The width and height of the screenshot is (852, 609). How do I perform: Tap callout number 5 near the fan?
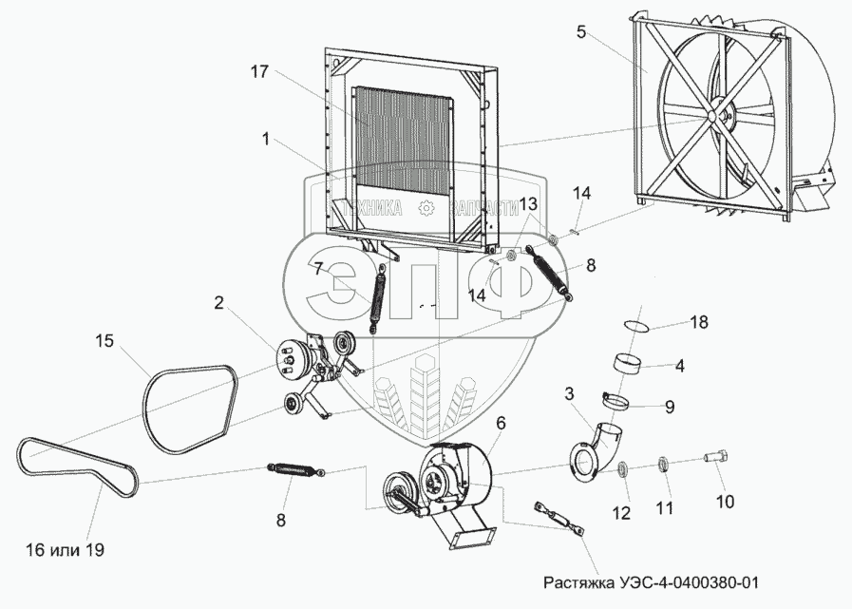pos(580,31)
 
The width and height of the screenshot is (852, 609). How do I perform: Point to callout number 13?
pos(528,204)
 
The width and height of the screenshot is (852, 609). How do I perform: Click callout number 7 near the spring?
pos(317,268)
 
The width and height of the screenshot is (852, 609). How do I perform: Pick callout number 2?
pos(218,303)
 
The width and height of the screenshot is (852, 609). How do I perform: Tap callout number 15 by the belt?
pos(104,338)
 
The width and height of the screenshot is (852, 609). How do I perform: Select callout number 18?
pos(699,323)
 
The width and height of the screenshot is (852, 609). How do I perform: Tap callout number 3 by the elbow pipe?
pos(568,392)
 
